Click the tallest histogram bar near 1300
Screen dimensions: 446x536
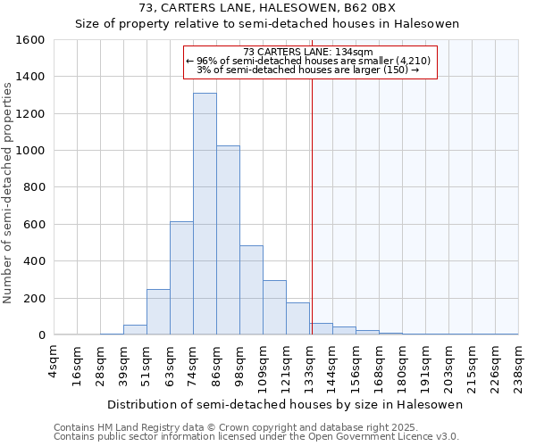205,214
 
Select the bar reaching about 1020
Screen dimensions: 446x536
228,240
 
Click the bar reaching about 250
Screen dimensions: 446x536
158,312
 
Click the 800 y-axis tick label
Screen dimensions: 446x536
34,187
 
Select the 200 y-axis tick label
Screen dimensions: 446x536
34,298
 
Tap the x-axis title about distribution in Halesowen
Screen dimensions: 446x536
286,404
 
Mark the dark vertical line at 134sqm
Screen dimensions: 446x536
312,205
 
